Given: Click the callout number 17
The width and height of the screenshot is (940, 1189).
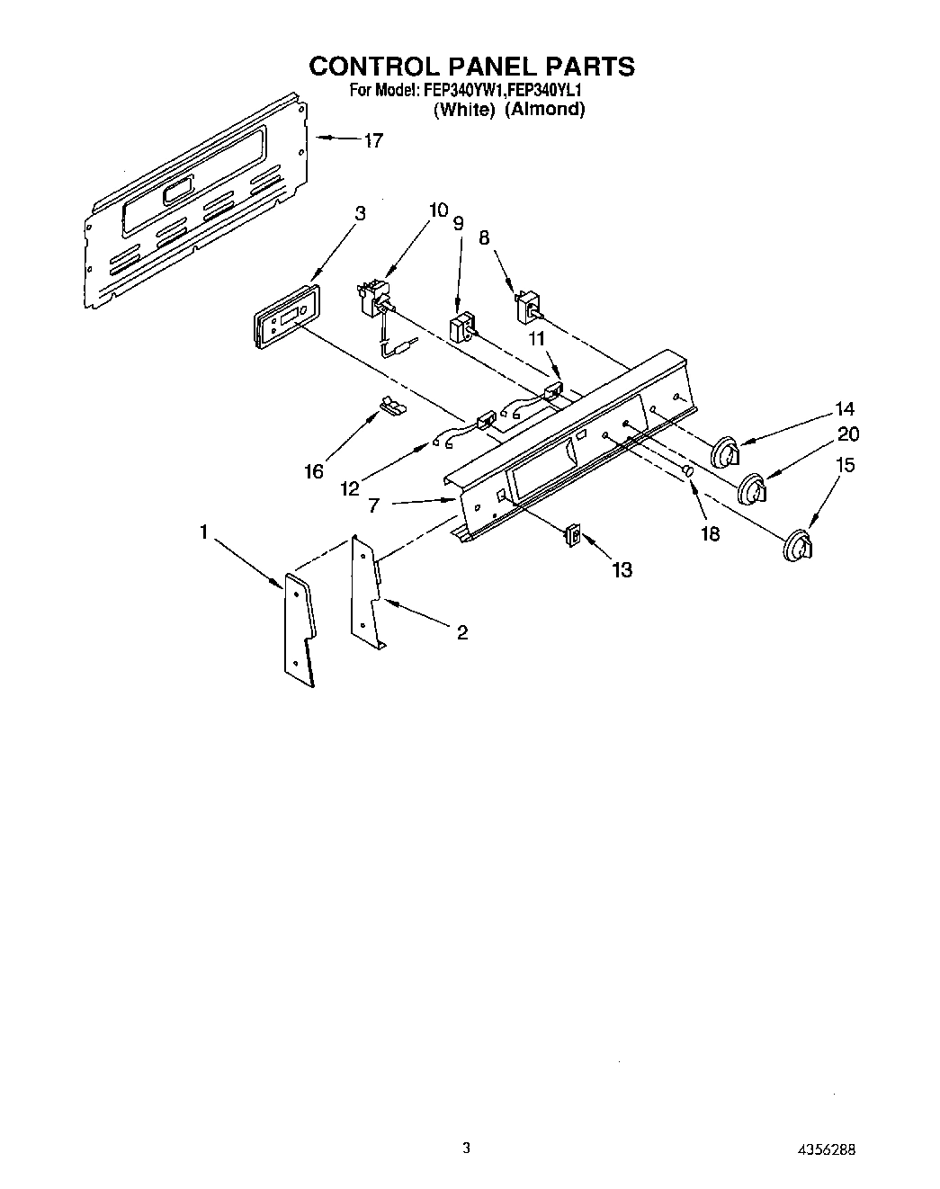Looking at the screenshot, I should (373, 140).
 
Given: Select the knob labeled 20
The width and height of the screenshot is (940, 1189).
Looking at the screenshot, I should (752, 491).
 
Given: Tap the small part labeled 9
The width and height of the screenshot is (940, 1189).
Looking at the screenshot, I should (461, 327).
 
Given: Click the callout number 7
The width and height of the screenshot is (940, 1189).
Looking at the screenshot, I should (372, 505).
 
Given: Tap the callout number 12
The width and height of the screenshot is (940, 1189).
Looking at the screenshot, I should (350, 488).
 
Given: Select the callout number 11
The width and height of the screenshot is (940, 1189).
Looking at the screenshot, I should (536, 338).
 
